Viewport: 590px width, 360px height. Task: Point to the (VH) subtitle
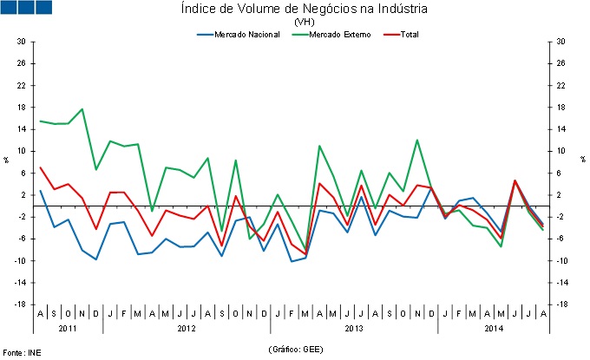305,22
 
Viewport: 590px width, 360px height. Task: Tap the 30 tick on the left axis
20,42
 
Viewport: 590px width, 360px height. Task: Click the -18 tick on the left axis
18,304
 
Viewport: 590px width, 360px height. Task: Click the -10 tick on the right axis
563,261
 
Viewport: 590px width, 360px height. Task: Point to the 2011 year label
68,329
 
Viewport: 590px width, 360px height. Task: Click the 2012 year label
186,329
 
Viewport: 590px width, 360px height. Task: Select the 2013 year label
354,329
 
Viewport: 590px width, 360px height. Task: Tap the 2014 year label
494,329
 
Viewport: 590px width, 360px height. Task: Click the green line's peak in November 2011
82,109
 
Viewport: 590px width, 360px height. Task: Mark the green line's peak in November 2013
417,140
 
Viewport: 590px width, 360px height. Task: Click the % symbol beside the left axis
6,160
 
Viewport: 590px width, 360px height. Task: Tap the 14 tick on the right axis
561,129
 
